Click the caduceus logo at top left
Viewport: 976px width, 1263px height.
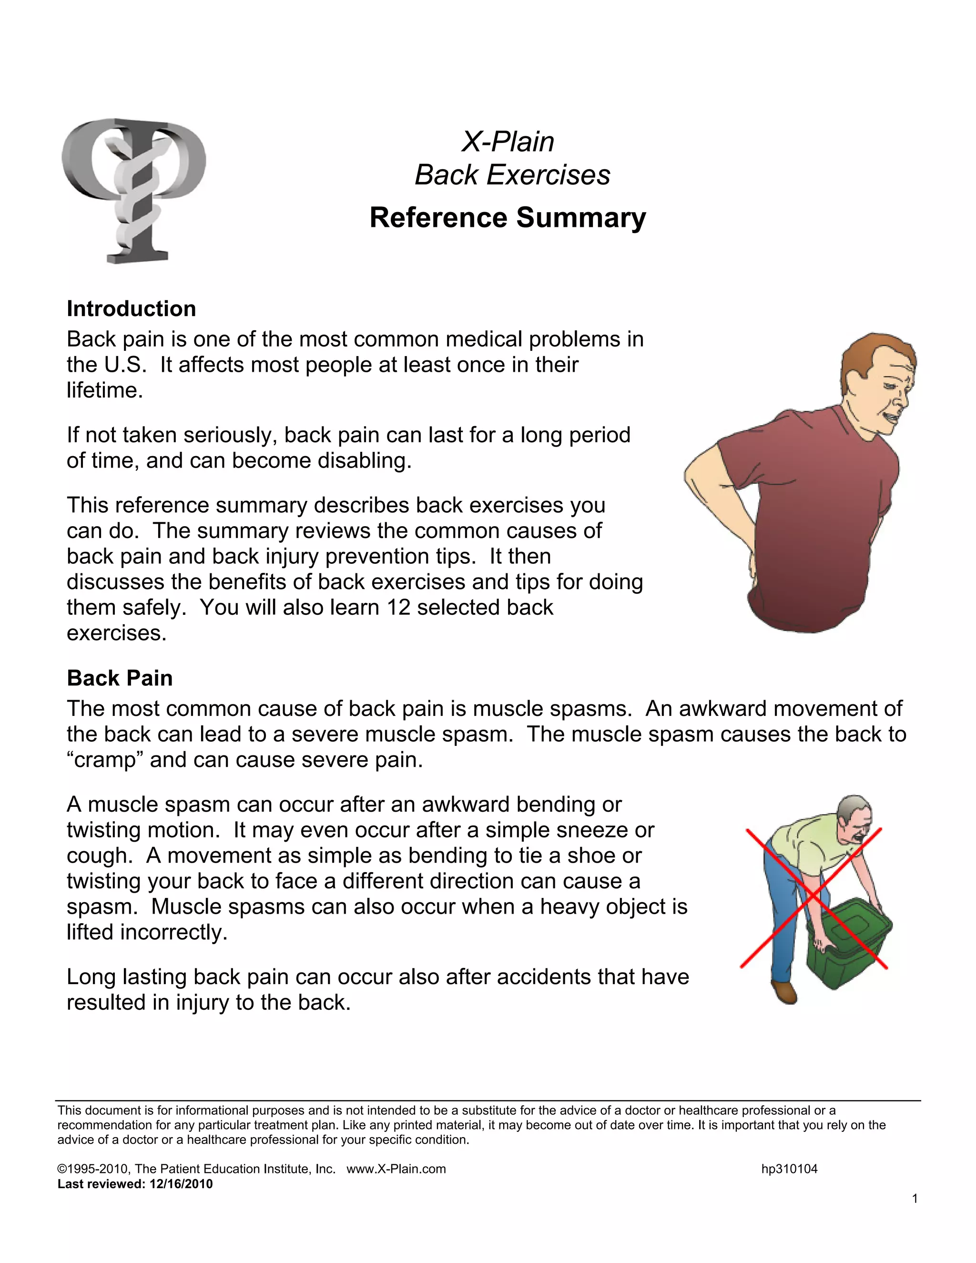(x=133, y=191)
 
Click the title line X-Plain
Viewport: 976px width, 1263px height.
(x=508, y=142)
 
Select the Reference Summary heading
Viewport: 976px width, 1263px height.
(x=508, y=218)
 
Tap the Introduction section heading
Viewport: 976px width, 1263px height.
(x=131, y=309)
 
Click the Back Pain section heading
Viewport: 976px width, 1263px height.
(x=120, y=678)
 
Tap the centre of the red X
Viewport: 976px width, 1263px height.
(x=813, y=897)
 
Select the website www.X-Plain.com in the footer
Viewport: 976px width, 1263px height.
(x=396, y=1169)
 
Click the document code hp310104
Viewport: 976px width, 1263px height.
(x=789, y=1169)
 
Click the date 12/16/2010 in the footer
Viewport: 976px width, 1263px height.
(x=181, y=1184)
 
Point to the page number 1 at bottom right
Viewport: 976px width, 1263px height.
(x=915, y=1199)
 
